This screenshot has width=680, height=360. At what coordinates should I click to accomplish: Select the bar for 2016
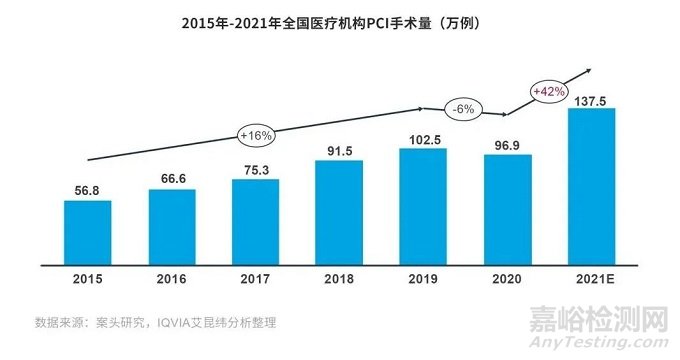[x=172, y=223]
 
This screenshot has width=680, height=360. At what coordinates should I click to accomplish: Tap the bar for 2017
[x=255, y=219]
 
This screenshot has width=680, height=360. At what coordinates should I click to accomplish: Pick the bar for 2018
[x=339, y=210]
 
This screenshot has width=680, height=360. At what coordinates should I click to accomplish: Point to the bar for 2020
[x=506, y=207]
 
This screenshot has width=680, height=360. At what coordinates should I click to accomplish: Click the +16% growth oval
[x=257, y=134]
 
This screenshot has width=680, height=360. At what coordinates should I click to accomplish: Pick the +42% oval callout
[x=551, y=91]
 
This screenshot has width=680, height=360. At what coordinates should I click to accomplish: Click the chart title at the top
[x=339, y=21]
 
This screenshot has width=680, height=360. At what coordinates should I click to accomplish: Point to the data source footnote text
[x=155, y=322]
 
